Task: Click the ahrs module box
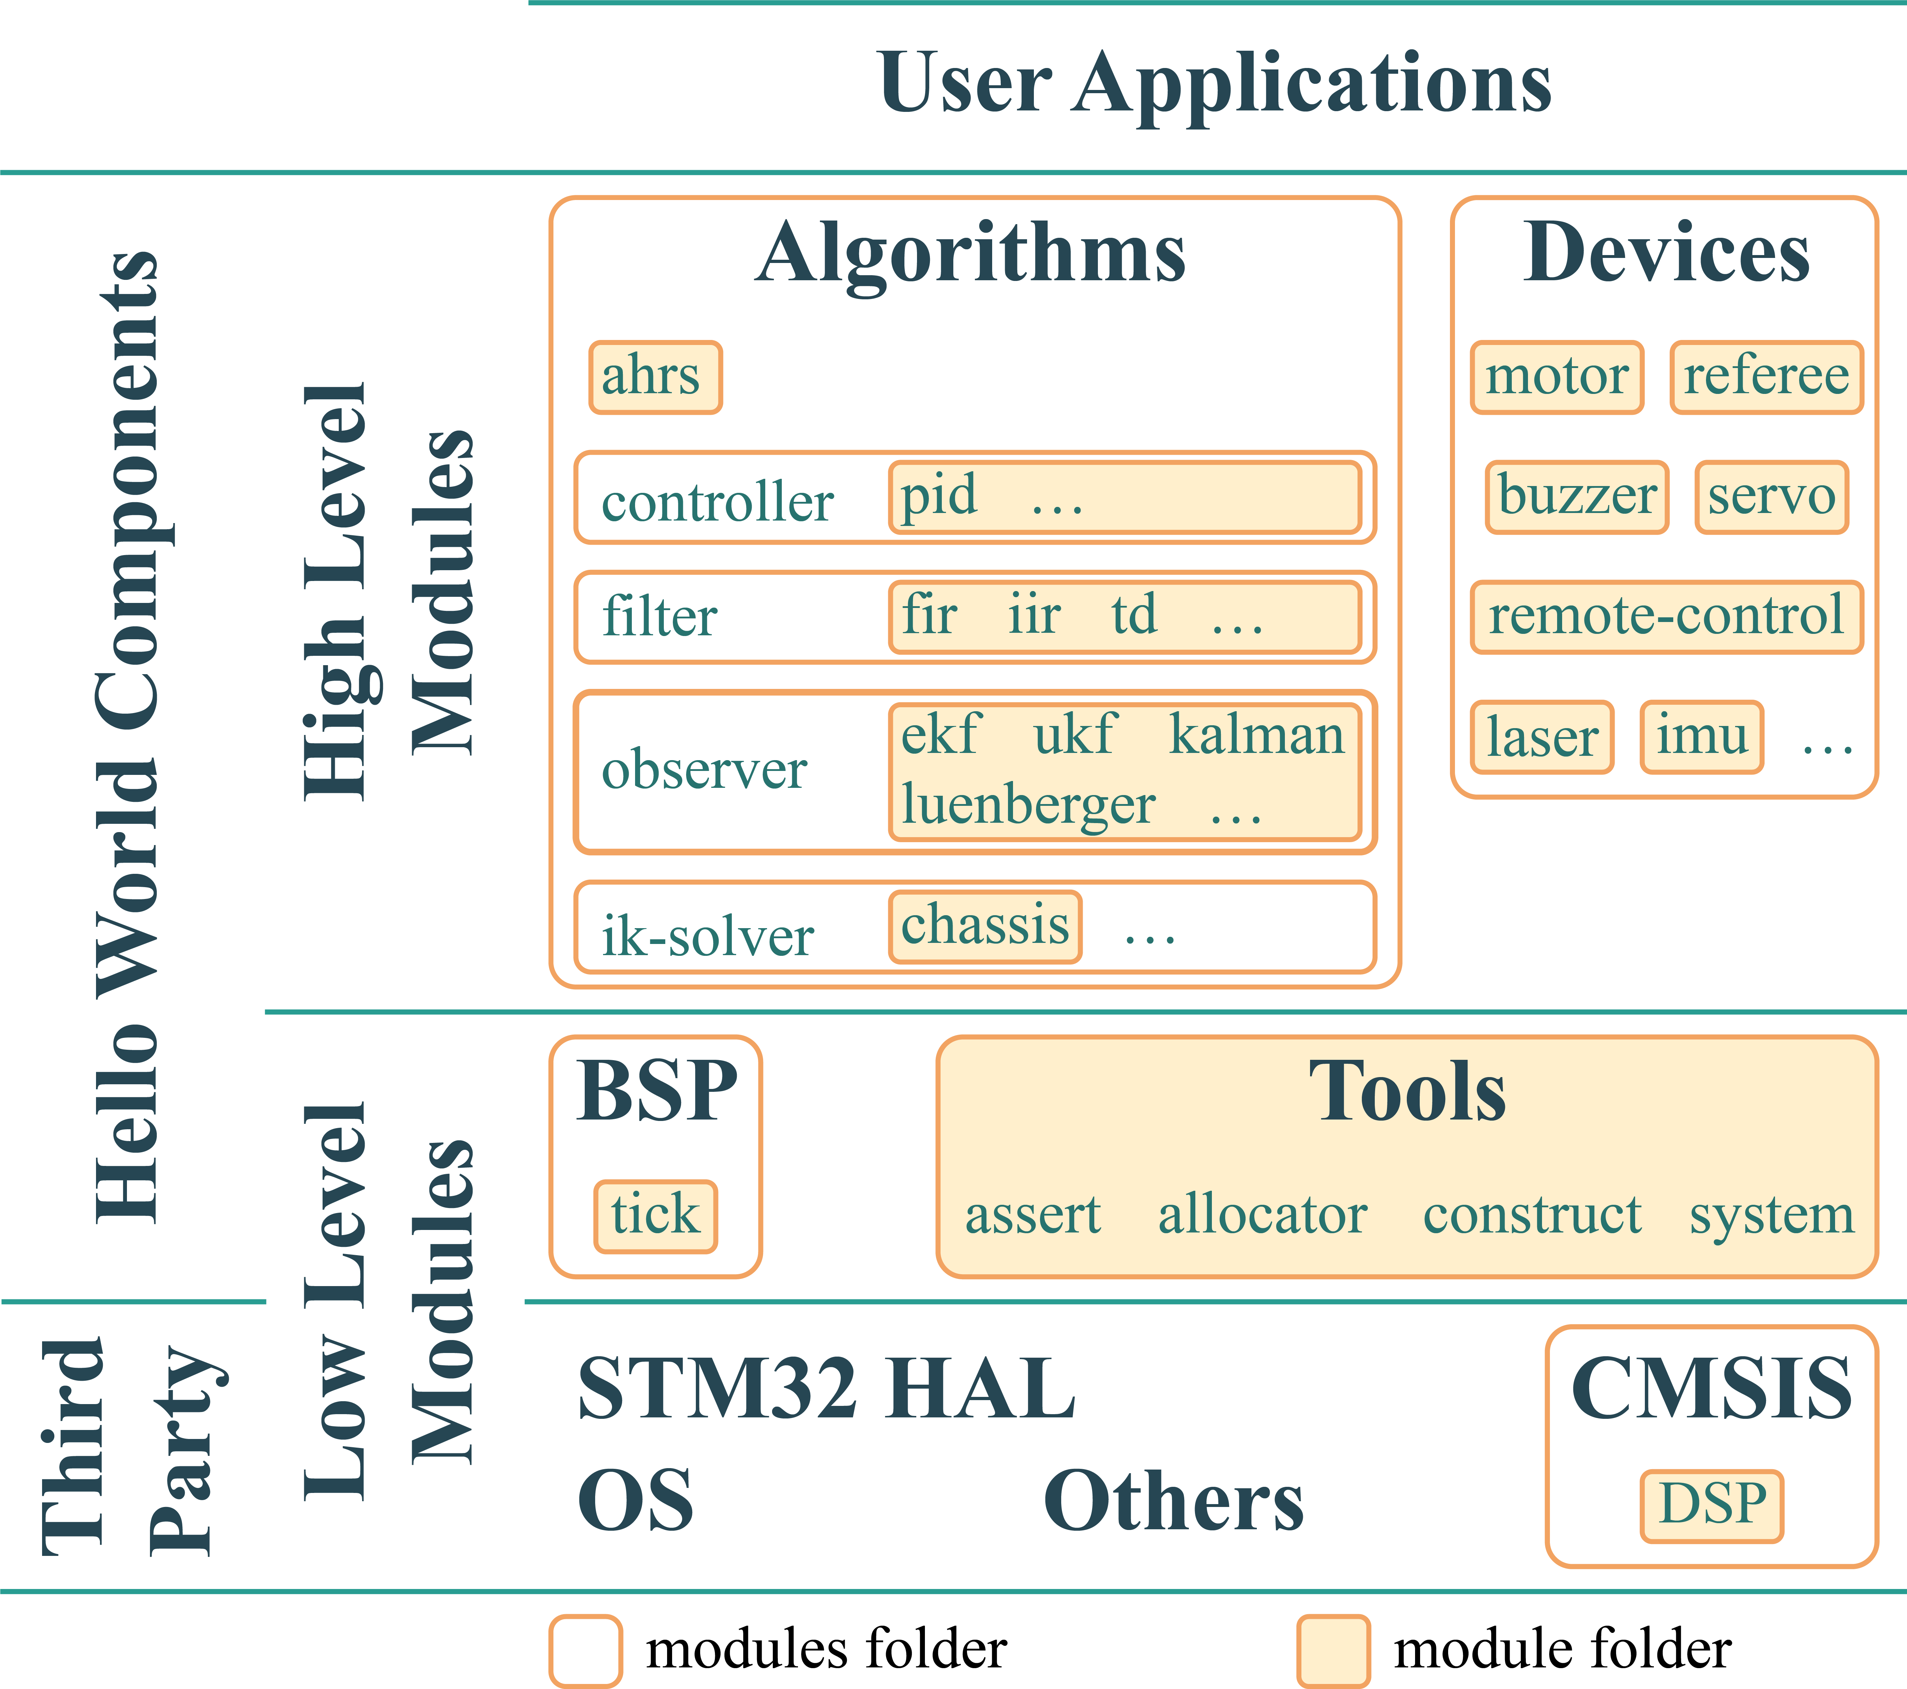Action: click(x=655, y=377)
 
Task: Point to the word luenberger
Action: click(x=1028, y=805)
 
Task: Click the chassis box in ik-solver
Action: click(x=985, y=927)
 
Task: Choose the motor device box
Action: click(x=1556, y=377)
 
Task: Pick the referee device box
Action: click(x=1766, y=377)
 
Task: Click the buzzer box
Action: click(x=1577, y=496)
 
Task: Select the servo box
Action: click(x=1771, y=496)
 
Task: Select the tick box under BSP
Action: click(x=655, y=1216)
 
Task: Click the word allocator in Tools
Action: click(x=1262, y=1215)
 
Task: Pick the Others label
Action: click(x=1174, y=1502)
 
